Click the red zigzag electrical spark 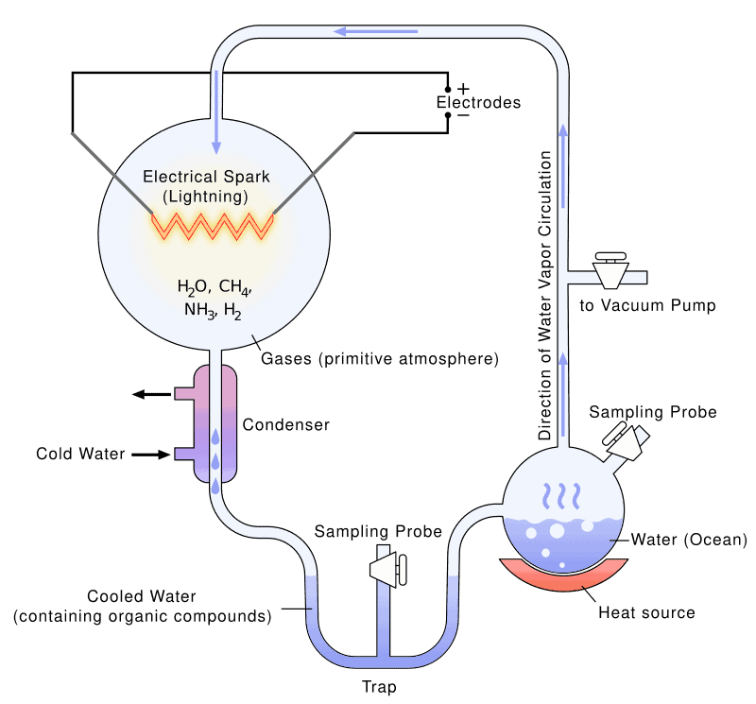(214, 226)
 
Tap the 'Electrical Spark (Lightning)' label (205, 186)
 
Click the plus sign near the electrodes (462, 87)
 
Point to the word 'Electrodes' (478, 102)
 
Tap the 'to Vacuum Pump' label (647, 305)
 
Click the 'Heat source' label (646, 612)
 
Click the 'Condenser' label (285, 425)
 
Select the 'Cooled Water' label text (142, 597)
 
